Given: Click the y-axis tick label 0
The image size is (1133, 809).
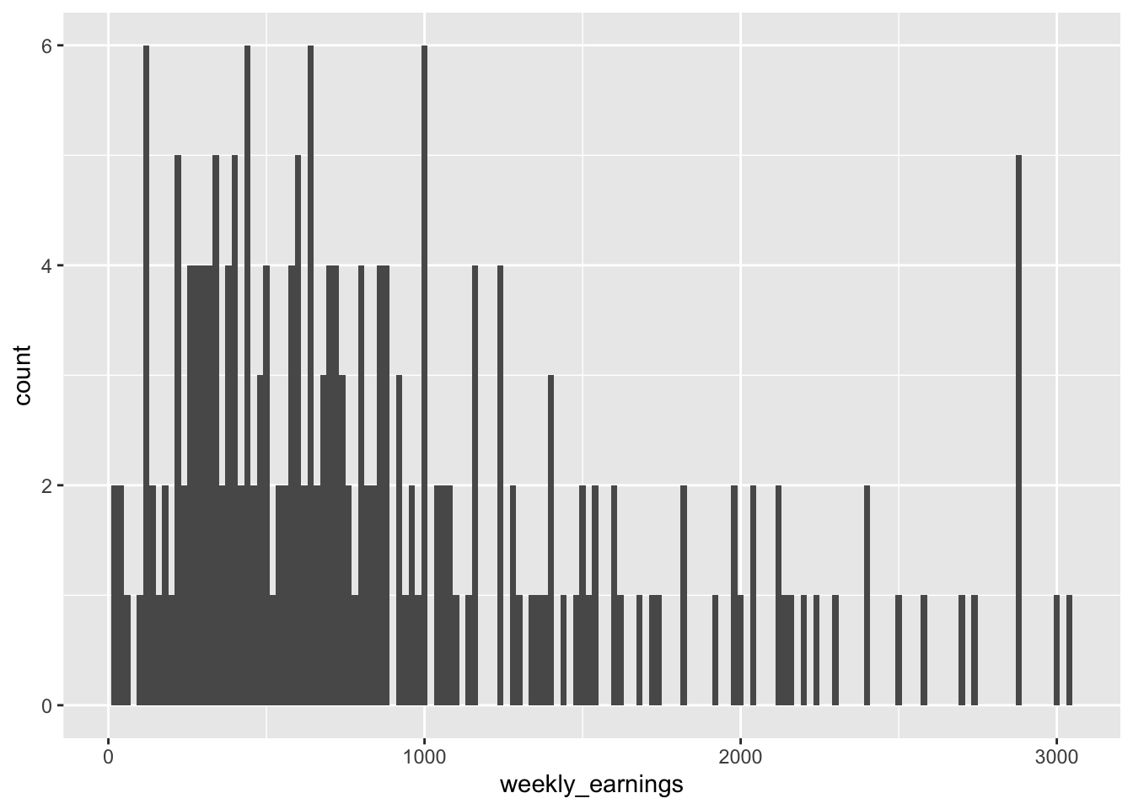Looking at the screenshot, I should pyautogui.click(x=47, y=705).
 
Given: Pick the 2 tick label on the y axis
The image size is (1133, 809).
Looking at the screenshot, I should pyautogui.click(x=47, y=485).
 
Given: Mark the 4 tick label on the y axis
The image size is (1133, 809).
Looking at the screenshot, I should pyautogui.click(x=47, y=265).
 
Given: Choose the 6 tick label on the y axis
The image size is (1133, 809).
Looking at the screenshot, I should pyautogui.click(x=47, y=46).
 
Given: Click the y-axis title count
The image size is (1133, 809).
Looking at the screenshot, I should pyautogui.click(x=23, y=375).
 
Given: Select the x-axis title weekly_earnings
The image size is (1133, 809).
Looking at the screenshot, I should pyautogui.click(x=591, y=785).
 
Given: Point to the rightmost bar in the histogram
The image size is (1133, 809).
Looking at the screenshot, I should pyautogui.click(x=1069, y=650).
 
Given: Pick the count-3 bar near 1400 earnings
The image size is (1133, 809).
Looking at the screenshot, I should pyautogui.click(x=550, y=539).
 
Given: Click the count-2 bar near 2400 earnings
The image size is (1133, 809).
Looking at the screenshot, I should pyautogui.click(x=867, y=595).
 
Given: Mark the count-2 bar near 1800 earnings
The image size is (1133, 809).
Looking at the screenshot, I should pyautogui.click(x=684, y=595).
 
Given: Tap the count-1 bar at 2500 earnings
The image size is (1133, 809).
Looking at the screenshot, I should pyautogui.click(x=899, y=650).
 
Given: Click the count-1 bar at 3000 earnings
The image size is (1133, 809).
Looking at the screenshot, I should pyautogui.click(x=1056, y=650).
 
